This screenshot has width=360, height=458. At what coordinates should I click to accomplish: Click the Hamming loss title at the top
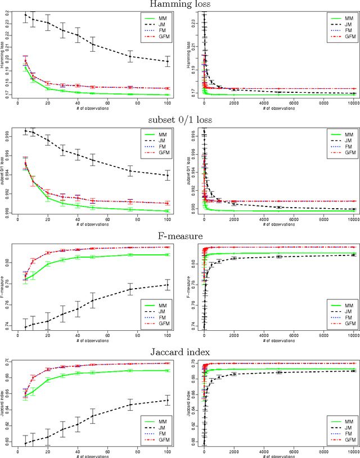point(179,5)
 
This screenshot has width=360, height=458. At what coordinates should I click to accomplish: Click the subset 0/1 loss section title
point(179,119)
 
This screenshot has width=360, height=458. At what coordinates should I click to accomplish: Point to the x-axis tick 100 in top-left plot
point(167,103)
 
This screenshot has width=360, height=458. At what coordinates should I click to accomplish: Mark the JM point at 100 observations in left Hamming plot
point(167,61)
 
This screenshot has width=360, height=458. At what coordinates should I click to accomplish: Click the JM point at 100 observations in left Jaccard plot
point(167,400)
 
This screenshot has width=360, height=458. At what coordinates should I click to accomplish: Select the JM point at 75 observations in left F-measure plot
point(130,289)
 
